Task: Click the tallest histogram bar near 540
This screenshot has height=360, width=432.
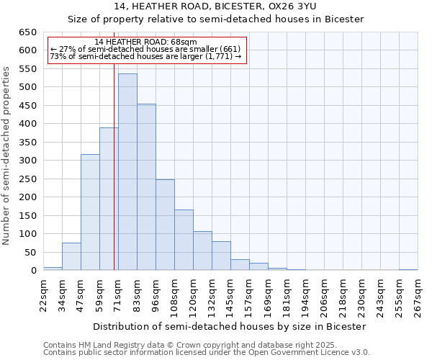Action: [x=127, y=173]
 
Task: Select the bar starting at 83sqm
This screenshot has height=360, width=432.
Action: [x=146, y=187]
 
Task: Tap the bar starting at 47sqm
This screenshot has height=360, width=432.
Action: [x=90, y=212]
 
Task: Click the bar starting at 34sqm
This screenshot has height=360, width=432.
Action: [x=71, y=256]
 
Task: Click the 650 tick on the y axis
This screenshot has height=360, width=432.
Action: [x=28, y=32]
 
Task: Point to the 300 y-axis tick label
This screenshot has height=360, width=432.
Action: [x=28, y=161]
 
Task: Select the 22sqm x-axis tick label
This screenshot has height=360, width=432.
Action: [x=44, y=294]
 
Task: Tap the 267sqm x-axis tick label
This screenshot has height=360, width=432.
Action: [x=418, y=294]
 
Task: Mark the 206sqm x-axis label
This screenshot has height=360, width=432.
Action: [x=325, y=294]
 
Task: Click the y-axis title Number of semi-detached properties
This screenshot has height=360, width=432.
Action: [x=7, y=155]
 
